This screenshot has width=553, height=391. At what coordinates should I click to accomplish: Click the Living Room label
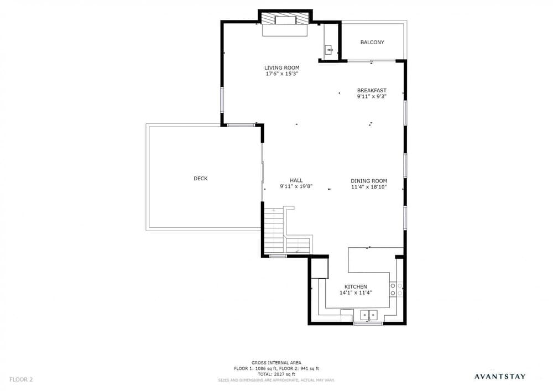pyautogui.click(x=282, y=67)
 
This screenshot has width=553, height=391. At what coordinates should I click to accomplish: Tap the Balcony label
pyautogui.click(x=372, y=43)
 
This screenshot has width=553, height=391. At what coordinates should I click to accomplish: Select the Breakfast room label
pyautogui.click(x=372, y=90)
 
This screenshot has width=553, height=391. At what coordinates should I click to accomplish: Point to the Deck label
pyautogui.click(x=200, y=179)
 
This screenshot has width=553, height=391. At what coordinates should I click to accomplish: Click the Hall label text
pyautogui.click(x=296, y=180)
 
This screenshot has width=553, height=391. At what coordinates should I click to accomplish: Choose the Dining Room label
pyautogui.click(x=369, y=181)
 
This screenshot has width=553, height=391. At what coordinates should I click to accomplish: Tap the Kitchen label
pyautogui.click(x=356, y=286)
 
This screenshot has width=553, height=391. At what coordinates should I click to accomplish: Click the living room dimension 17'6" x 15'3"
pyautogui.click(x=282, y=74)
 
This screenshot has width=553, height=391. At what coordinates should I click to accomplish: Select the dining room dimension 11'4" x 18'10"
pyautogui.click(x=369, y=187)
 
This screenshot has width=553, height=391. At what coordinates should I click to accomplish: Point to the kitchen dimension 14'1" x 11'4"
pyautogui.click(x=356, y=293)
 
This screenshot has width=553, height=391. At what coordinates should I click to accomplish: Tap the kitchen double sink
pyautogui.click(x=368, y=314)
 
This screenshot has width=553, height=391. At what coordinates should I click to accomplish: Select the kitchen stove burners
pyautogui.click(x=397, y=289)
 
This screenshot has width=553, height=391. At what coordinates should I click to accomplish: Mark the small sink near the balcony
pyautogui.click(x=329, y=49)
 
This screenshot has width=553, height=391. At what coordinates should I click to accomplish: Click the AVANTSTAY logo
pyautogui.click(x=500, y=377)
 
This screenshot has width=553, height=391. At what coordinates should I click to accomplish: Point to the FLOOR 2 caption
pyautogui.click(x=21, y=380)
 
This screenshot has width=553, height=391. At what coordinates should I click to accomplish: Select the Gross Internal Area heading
pyautogui.click(x=276, y=363)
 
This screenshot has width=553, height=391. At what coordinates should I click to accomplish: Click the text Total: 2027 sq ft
pyautogui.click(x=276, y=374)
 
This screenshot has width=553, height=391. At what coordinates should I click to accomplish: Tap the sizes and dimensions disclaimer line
pyautogui.click(x=276, y=380)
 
